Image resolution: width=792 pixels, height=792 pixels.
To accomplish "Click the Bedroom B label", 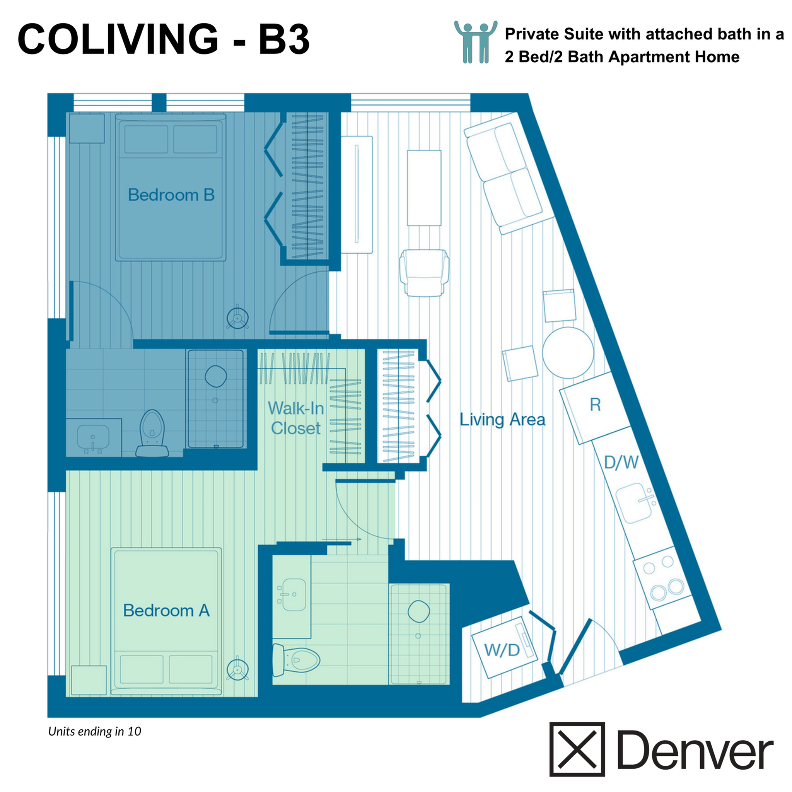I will pyautogui.click(x=171, y=195).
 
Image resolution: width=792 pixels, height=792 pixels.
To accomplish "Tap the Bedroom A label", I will pyautogui.click(x=166, y=610).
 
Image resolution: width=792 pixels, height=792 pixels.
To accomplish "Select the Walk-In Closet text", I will pyautogui.click(x=295, y=418).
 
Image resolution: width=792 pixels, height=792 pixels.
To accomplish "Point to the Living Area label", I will pyautogui.click(x=502, y=419).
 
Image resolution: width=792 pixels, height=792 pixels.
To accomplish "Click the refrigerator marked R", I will pyautogui.click(x=595, y=408).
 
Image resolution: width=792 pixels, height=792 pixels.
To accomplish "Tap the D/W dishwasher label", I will pyautogui.click(x=621, y=463).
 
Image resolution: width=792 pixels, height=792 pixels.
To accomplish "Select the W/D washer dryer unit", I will pyautogui.click(x=504, y=650).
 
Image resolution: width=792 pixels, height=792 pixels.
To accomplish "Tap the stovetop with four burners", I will pyautogui.click(x=662, y=582).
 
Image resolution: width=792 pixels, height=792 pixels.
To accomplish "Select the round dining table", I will pyautogui.click(x=568, y=353).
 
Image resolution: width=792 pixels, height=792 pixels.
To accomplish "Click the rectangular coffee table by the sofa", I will pyautogui.click(x=424, y=188).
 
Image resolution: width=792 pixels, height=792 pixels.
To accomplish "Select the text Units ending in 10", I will pyautogui.click(x=95, y=731).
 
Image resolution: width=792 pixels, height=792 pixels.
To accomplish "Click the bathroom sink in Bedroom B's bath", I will pyautogui.click(x=93, y=437).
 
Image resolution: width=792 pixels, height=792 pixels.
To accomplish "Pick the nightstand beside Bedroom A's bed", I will pyautogui.click(x=89, y=680).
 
